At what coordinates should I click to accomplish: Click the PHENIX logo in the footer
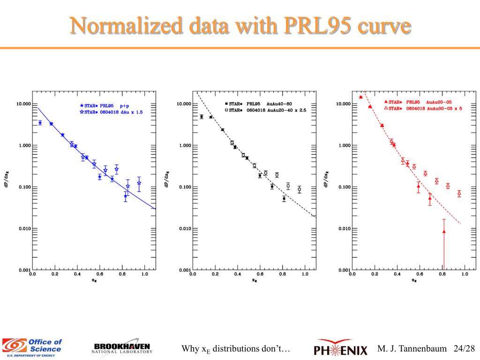tap(342, 349)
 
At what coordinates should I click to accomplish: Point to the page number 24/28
tap(464, 349)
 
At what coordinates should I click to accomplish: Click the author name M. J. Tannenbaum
tap(413, 349)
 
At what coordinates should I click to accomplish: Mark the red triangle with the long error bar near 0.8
tap(443, 232)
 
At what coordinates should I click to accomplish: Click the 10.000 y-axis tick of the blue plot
tap(23, 104)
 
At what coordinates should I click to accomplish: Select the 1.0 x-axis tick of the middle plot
tap(305, 274)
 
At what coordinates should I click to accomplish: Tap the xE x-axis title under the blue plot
tap(93, 281)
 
